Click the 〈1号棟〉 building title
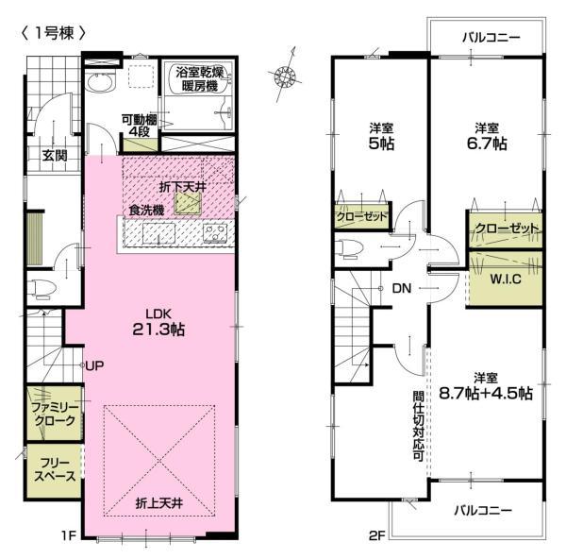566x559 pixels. coord(53,31)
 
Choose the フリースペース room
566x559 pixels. coord(52,469)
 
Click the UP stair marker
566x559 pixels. coord(93,365)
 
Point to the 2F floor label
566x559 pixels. coord(375,536)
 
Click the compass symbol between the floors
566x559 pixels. coord(282,76)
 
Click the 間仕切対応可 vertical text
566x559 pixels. coord(416,425)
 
